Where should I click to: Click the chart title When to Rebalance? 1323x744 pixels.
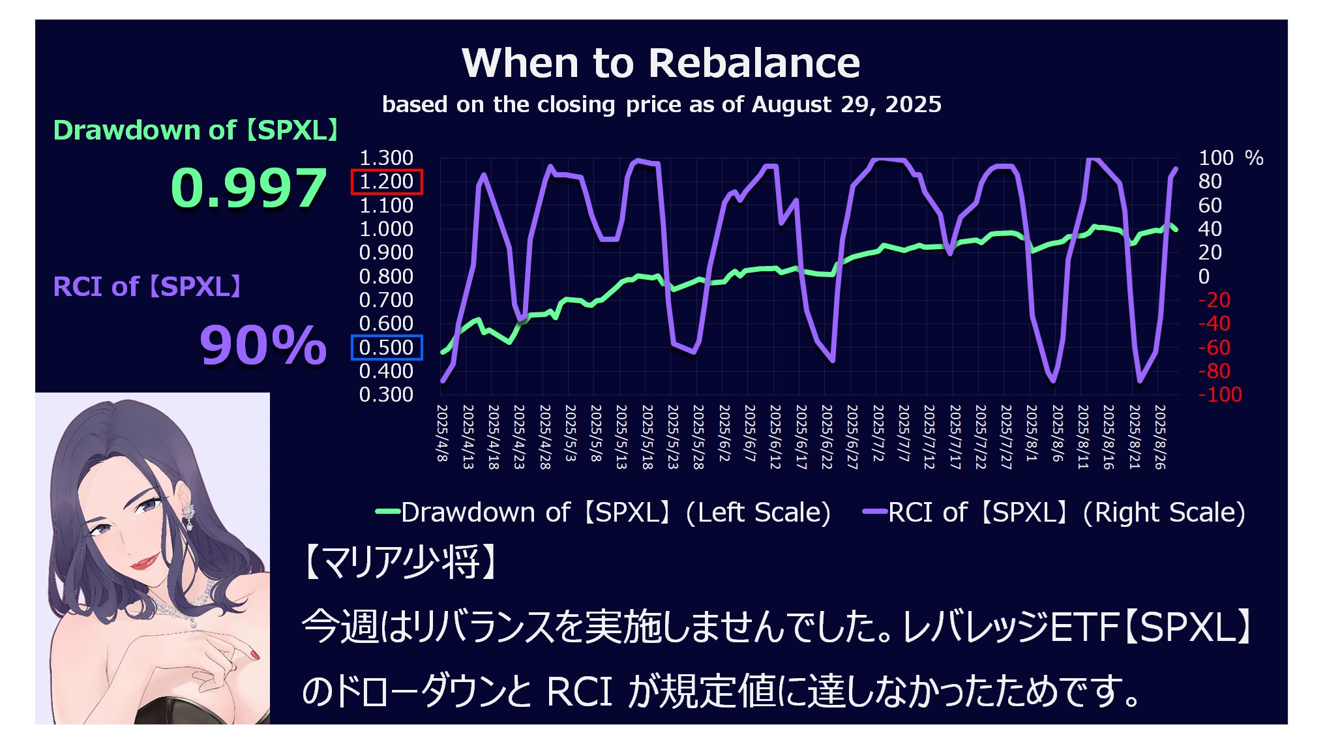coord(661,63)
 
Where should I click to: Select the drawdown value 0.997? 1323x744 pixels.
coord(248,188)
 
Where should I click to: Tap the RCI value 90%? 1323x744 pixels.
coord(263,345)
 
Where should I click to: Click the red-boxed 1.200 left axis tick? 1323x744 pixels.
coord(387,182)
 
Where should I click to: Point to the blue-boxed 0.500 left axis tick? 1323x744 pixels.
coord(387,348)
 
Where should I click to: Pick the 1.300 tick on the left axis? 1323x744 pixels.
coord(386,158)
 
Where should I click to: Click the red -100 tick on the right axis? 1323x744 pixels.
coord(1220,394)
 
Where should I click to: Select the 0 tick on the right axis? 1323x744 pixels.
coord(1204,276)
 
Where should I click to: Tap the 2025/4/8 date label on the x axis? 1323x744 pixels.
coord(442,433)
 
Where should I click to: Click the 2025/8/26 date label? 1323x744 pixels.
coord(1160,436)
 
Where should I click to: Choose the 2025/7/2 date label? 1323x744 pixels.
coord(878,433)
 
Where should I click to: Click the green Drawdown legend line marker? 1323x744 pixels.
coord(388,513)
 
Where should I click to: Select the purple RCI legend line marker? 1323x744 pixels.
coord(874,513)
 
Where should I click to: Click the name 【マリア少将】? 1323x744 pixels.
coord(400,562)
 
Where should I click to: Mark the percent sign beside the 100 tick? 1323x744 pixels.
coord(1253,158)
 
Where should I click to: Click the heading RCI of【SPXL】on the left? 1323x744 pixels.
coord(147,287)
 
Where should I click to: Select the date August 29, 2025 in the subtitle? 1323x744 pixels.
coord(846,104)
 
